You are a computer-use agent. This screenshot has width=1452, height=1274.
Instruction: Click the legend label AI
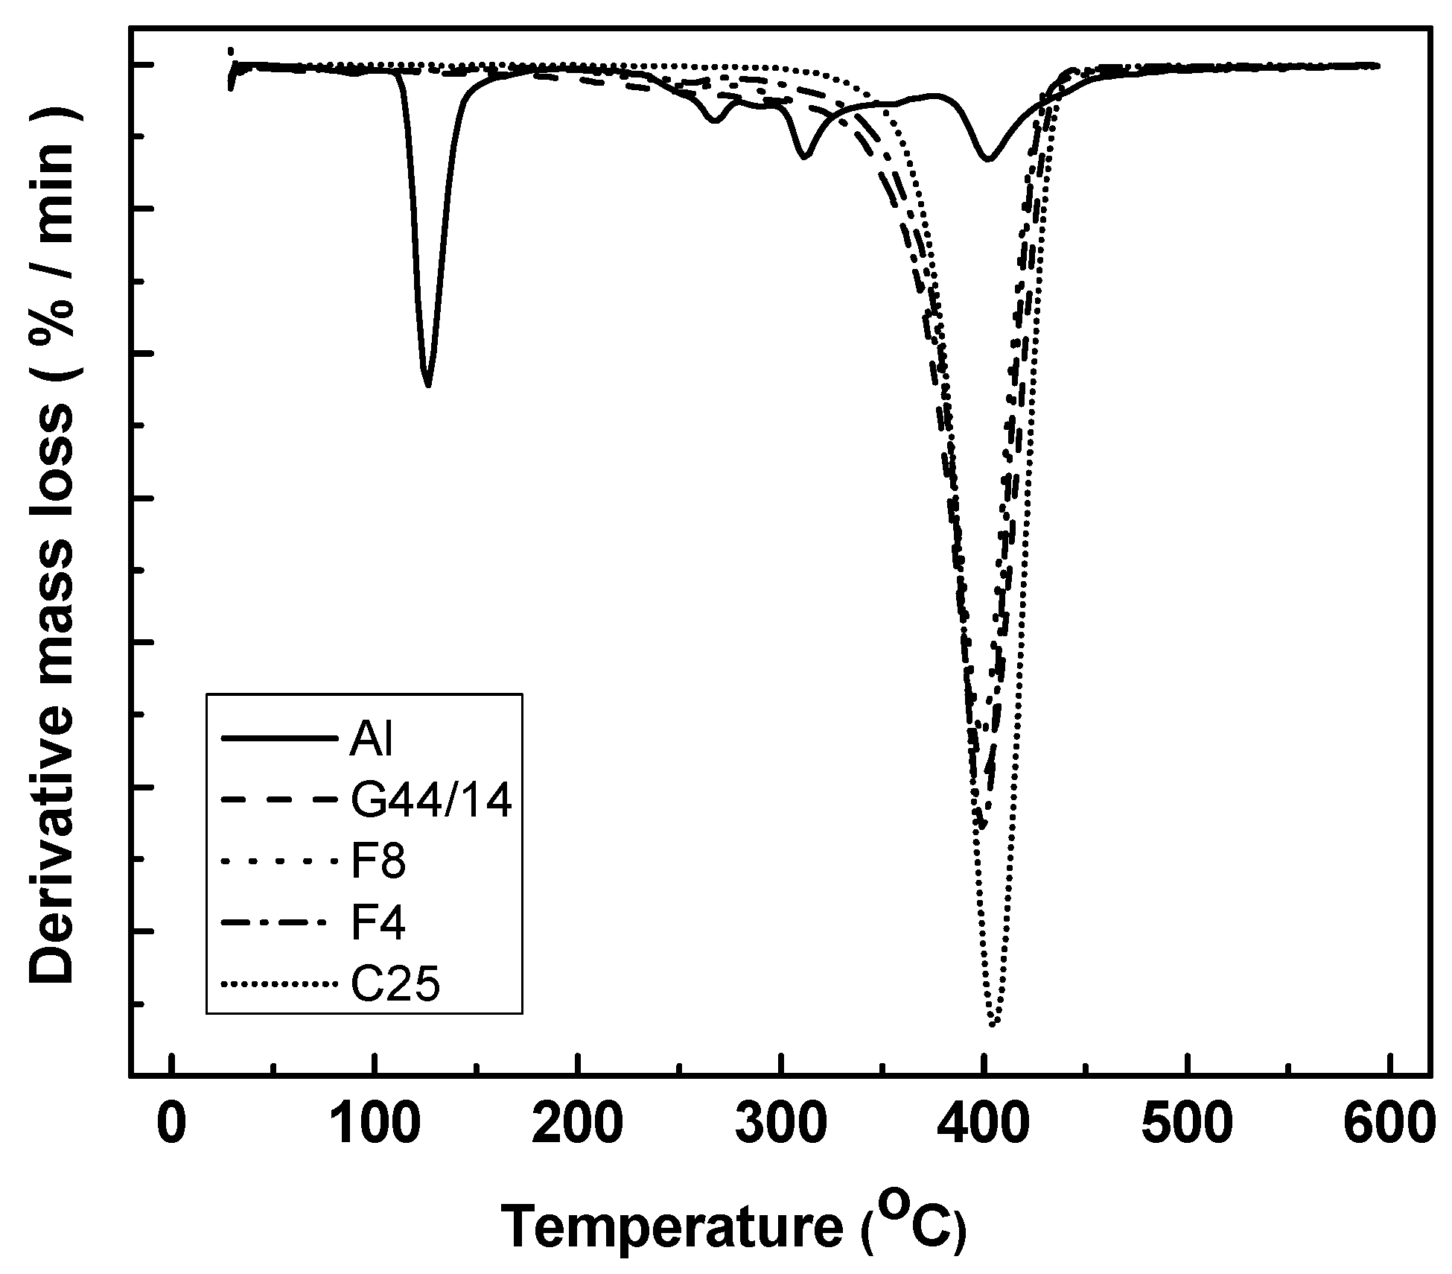[x=371, y=740]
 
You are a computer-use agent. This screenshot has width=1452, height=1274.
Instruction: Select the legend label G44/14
[x=431, y=802]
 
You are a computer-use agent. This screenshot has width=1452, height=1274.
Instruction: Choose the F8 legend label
[x=378, y=863]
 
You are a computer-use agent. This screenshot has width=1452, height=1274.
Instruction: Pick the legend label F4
[x=378, y=924]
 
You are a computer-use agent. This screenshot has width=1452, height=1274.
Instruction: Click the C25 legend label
[x=395, y=985]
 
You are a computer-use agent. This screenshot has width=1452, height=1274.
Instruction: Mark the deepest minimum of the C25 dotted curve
[x=992, y=1025]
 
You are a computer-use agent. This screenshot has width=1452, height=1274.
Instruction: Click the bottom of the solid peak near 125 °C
[x=427, y=385]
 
